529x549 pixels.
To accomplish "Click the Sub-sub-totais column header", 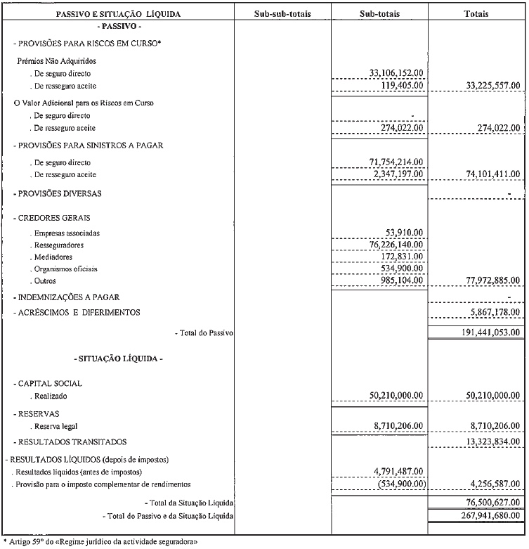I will click(282, 13).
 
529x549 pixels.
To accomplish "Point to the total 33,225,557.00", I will click(492, 85).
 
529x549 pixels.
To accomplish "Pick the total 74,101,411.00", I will click(492, 174).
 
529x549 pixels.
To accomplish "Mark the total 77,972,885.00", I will click(492, 280).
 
